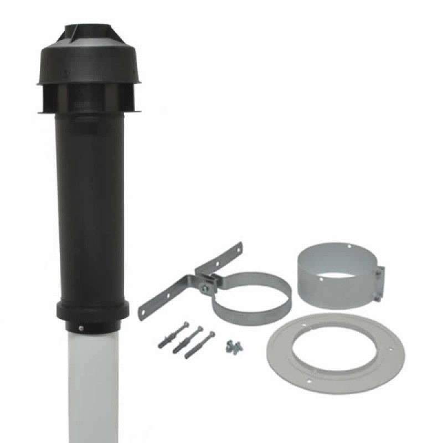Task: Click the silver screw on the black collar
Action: tap(82, 328)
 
